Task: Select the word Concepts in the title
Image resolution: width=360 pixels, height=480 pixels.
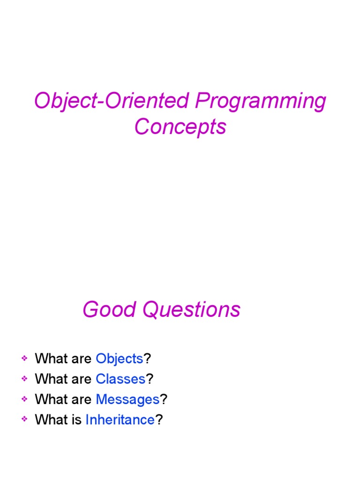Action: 180,127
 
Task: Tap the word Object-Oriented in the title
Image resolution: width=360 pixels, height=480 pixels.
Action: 113,102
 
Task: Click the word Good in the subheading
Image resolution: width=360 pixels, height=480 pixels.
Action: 110,310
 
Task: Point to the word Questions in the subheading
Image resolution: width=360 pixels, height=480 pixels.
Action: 191,310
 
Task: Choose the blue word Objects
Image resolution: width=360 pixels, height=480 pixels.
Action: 119,359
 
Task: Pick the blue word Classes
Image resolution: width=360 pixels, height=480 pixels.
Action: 120,379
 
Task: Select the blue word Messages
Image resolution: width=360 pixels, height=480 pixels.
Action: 127,399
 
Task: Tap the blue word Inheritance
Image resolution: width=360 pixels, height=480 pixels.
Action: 120,420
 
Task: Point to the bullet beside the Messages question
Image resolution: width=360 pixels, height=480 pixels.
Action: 24,399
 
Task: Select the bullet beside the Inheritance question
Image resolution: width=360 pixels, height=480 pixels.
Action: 24,420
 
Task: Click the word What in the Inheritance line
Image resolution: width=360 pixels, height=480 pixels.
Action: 52,420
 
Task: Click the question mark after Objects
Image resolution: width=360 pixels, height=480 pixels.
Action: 147,359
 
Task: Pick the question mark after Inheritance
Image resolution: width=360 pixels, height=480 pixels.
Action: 159,420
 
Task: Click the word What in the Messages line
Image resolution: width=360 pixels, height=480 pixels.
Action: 52,399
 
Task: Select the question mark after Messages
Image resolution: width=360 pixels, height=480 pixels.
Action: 164,399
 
